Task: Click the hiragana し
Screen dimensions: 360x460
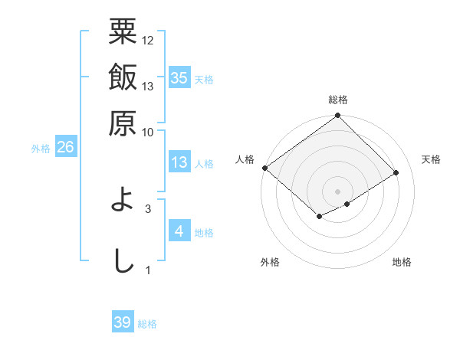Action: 123,260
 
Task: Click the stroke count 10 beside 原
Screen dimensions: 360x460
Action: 148,132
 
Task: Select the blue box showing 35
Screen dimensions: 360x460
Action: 179,77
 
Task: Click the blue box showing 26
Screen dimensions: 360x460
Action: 65,148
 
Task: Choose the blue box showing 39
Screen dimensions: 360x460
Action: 122,322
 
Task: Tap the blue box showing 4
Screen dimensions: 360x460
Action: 179,231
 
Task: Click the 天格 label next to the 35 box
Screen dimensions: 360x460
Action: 204,80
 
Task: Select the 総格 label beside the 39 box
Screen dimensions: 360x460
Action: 147,325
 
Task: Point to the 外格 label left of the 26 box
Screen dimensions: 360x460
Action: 40,149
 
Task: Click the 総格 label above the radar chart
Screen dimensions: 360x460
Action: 338,100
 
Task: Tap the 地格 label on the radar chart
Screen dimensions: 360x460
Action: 402,263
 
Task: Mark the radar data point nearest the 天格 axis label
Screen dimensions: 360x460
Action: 396,173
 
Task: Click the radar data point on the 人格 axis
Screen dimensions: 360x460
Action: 264,168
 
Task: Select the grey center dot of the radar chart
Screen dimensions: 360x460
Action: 338,190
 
